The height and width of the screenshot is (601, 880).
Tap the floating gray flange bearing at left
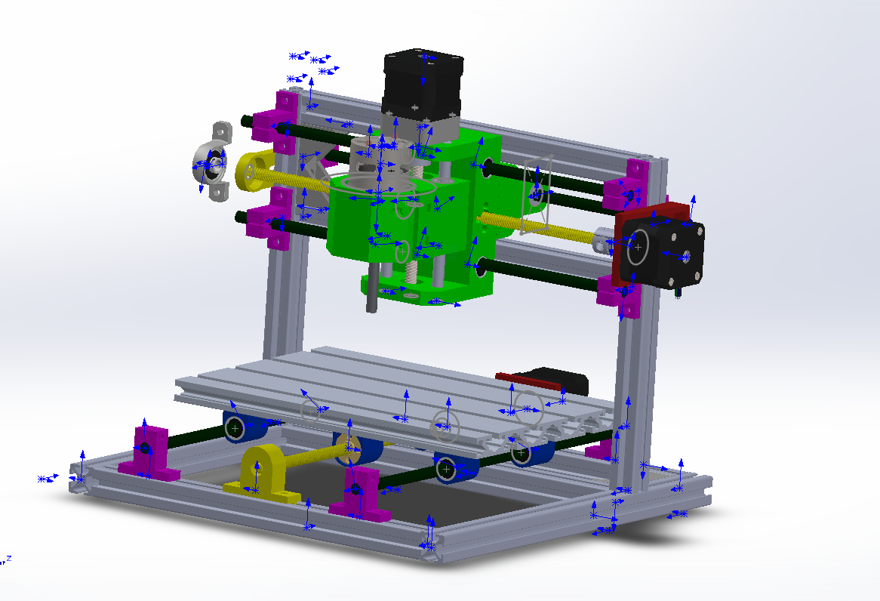(x=213, y=162)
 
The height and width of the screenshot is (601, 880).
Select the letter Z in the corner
(x=8, y=558)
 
